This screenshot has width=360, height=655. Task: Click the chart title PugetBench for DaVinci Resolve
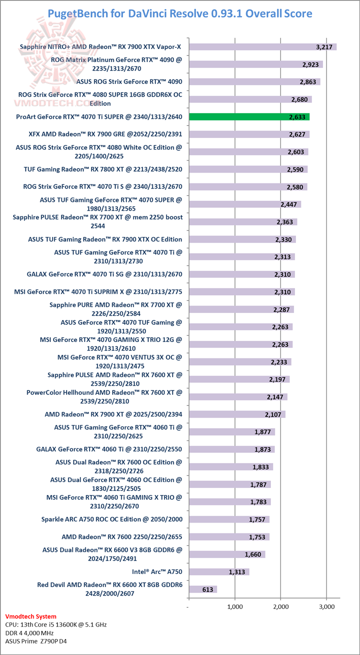tap(180, 13)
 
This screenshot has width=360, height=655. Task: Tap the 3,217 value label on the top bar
tap(325, 47)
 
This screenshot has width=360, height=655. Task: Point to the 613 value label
tap(208, 589)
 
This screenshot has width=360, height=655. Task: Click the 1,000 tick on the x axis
tap(234, 606)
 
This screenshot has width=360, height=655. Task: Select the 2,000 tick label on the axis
tap(280, 606)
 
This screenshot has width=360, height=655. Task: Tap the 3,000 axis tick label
tap(326, 606)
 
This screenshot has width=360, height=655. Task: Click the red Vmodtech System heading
tap(30, 616)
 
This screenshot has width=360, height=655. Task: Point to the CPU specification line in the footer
tap(55, 624)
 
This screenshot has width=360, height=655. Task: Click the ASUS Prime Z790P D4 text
tap(36, 640)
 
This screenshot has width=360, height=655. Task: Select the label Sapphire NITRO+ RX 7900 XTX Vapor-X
tap(100, 47)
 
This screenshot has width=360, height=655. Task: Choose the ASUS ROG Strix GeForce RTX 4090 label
tap(129, 81)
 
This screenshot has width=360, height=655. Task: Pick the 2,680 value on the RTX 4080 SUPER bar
tap(300, 99)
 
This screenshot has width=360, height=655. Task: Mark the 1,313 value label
tap(238, 572)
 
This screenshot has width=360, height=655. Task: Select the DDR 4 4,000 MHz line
tap(30, 632)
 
